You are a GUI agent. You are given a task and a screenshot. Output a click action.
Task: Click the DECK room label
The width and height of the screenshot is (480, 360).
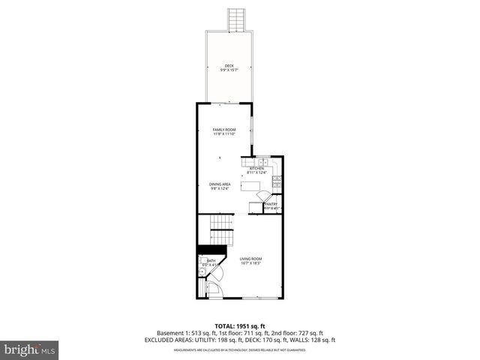(x=229, y=66)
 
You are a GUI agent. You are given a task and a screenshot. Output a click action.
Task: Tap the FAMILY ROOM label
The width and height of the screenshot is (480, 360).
(x=224, y=130)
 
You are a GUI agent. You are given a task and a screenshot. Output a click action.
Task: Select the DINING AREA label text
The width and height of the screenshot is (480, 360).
(x=220, y=184)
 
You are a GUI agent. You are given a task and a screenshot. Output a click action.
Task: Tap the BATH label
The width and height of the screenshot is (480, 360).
(x=211, y=260)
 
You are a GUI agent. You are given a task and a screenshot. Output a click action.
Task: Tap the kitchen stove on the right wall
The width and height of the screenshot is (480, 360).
(x=277, y=179)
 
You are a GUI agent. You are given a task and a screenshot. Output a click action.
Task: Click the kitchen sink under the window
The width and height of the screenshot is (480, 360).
(x=263, y=162)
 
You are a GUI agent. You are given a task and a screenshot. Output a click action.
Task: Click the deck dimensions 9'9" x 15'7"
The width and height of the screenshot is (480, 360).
(x=229, y=70)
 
